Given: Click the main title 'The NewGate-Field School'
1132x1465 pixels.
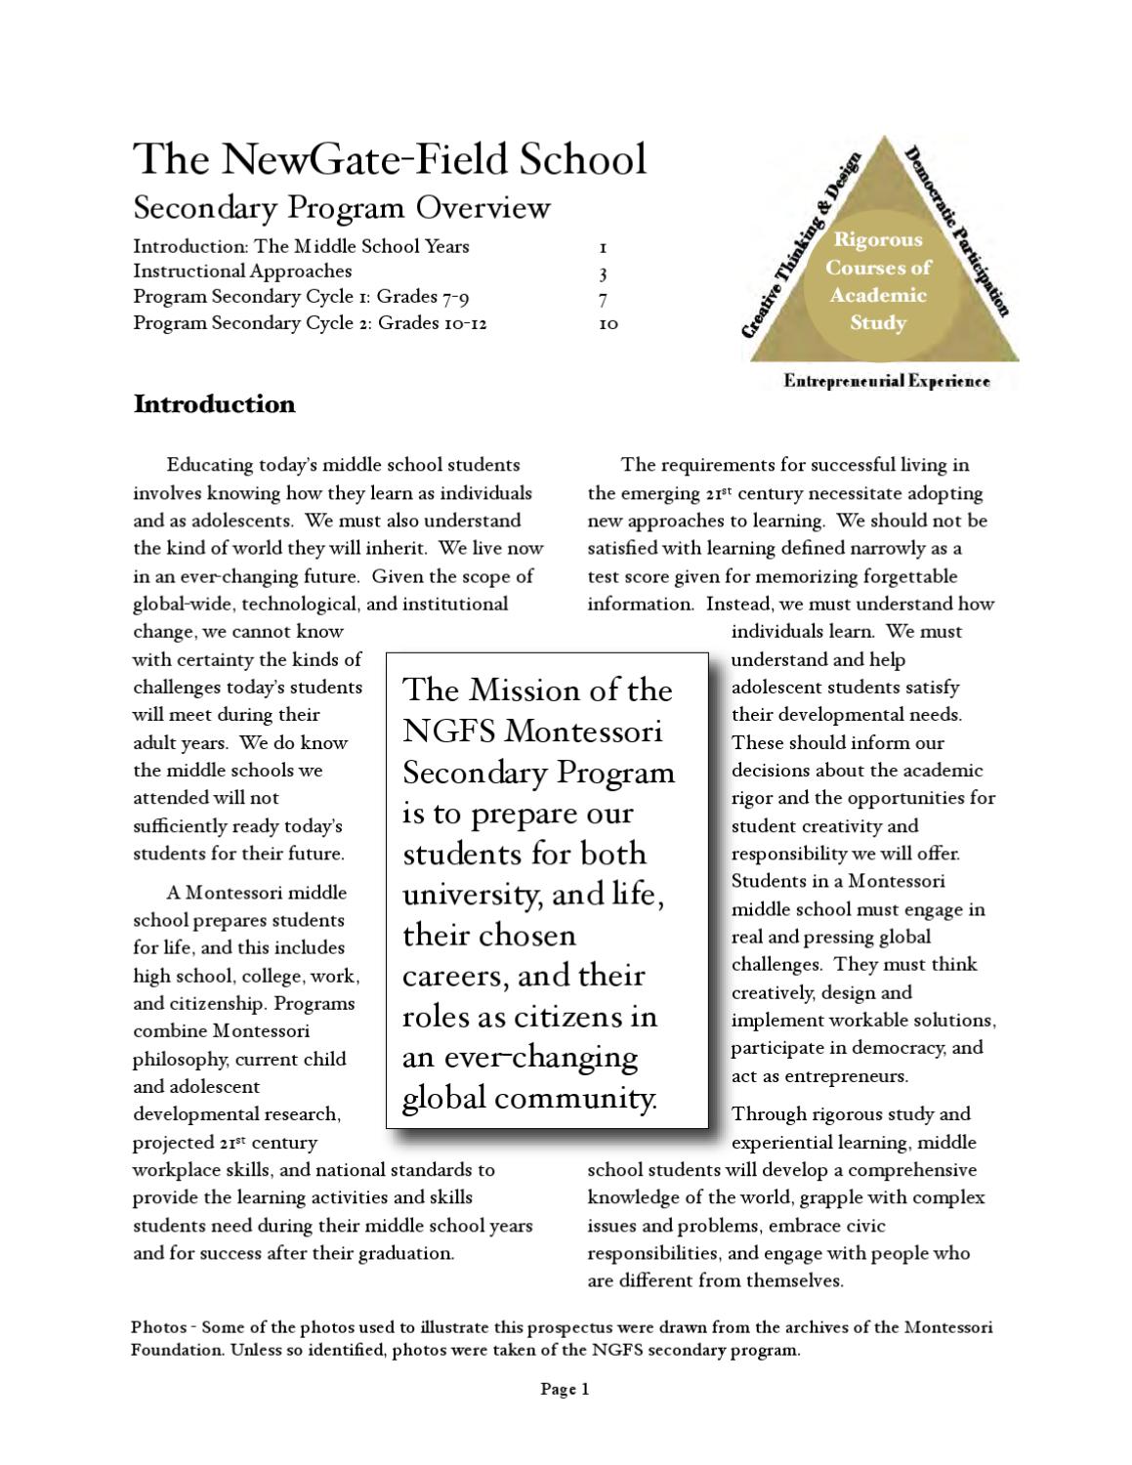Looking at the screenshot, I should [x=389, y=159].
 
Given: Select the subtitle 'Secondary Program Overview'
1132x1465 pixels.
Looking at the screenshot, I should [x=342, y=208].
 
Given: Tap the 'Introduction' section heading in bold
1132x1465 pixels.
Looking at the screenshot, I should [x=214, y=404].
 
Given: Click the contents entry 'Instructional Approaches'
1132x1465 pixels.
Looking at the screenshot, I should [x=242, y=272].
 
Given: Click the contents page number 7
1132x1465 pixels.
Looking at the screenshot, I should [x=604, y=298].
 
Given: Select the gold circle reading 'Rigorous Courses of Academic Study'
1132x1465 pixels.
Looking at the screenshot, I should [x=877, y=280].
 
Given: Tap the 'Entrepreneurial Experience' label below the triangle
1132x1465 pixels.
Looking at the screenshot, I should [x=886, y=381].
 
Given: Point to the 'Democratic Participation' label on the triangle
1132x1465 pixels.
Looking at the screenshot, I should [x=956, y=232].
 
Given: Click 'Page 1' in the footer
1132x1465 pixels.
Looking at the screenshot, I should [x=565, y=1389].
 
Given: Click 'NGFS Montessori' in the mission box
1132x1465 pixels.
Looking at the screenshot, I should [x=532, y=732].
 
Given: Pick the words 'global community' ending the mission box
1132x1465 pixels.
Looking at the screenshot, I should [x=529, y=1099].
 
